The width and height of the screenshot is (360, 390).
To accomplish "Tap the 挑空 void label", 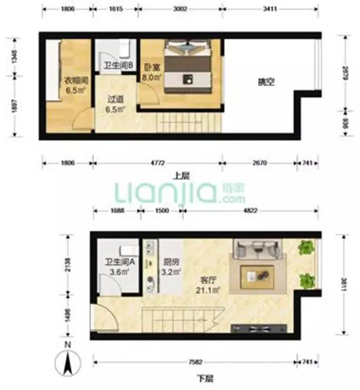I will [265, 82].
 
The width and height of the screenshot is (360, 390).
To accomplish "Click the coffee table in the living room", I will [257, 275].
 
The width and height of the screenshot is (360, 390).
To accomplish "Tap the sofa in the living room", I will [258, 249].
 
